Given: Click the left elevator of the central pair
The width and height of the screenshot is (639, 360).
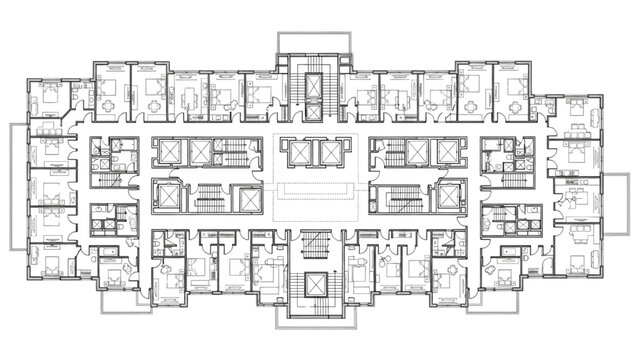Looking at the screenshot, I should click(297, 152).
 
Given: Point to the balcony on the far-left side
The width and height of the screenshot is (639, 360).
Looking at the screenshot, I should click(19, 185).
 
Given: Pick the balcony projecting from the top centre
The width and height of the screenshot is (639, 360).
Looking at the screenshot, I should click(312, 43).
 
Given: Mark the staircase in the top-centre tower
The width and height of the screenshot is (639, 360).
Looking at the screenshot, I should click(312, 71).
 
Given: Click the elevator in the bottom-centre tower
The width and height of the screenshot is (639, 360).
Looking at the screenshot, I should click(312, 285).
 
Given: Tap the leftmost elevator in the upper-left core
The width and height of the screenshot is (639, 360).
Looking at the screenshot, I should click(168, 152).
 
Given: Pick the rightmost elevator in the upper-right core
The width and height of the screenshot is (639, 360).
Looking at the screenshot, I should click(449, 152).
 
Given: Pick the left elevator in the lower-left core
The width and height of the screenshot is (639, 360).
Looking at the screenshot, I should click(168, 196).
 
